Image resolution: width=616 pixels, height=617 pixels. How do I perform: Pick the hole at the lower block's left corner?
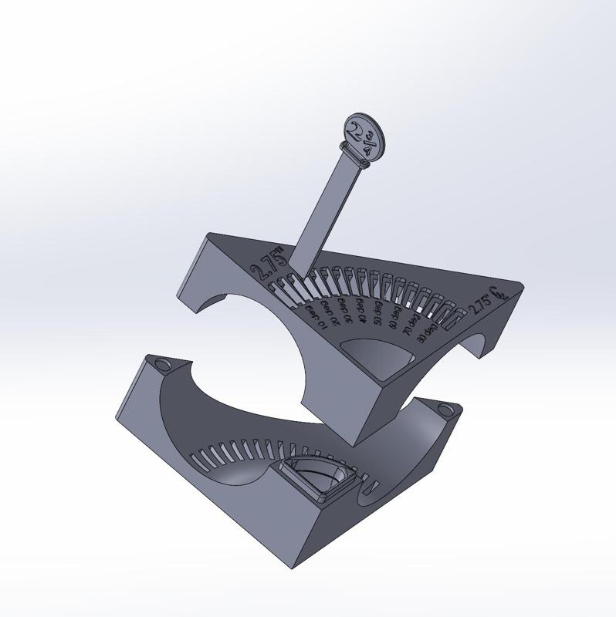(162, 362)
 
